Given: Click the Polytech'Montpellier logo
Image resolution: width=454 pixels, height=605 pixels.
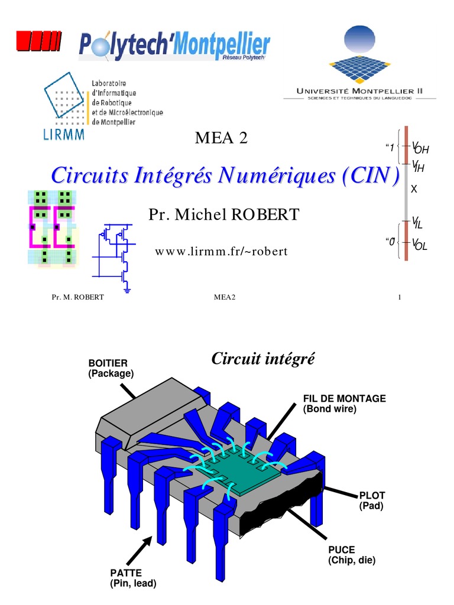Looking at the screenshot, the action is [x=174, y=47].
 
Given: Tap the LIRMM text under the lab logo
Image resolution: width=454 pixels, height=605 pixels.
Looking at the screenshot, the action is [x=64, y=134].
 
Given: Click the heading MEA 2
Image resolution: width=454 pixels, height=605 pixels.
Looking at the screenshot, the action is [x=221, y=139].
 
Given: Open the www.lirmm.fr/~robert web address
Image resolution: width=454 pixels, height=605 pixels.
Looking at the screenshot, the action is [x=221, y=252].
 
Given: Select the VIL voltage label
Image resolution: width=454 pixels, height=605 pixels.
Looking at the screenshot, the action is [x=419, y=223].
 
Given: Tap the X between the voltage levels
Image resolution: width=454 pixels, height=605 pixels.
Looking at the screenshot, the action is [x=414, y=190].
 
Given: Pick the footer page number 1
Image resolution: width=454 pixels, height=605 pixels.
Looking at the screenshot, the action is [x=400, y=297].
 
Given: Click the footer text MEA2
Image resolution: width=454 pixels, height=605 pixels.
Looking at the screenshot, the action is [x=225, y=297].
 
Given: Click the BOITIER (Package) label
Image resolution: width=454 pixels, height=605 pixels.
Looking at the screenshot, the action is [x=111, y=368].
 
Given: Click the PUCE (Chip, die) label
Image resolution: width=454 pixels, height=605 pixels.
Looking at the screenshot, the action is [x=352, y=554].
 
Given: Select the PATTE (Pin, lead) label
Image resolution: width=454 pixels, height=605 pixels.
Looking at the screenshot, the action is [x=133, y=578].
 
